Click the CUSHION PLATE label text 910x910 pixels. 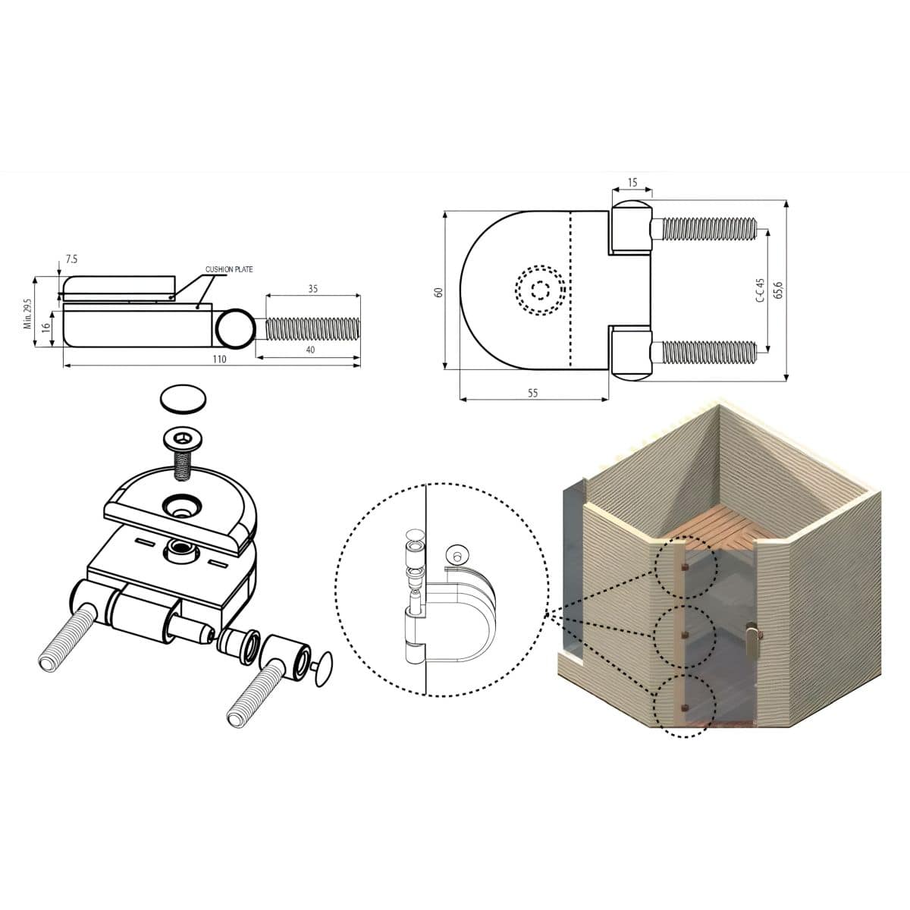(229, 269)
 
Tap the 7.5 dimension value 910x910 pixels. (71, 259)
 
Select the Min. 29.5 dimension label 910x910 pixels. (27, 313)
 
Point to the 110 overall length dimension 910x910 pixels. (220, 359)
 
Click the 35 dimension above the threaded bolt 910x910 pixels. (312, 288)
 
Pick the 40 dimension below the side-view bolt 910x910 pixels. (310, 350)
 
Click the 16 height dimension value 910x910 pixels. (45, 328)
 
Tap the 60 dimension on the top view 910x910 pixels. (439, 292)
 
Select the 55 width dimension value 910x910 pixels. (532, 393)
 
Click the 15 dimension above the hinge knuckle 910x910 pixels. (632, 182)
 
